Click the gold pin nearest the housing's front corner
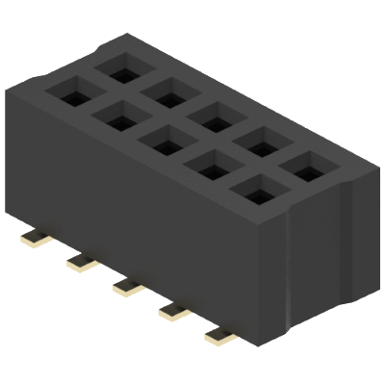(220, 336)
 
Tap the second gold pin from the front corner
(174, 310)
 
